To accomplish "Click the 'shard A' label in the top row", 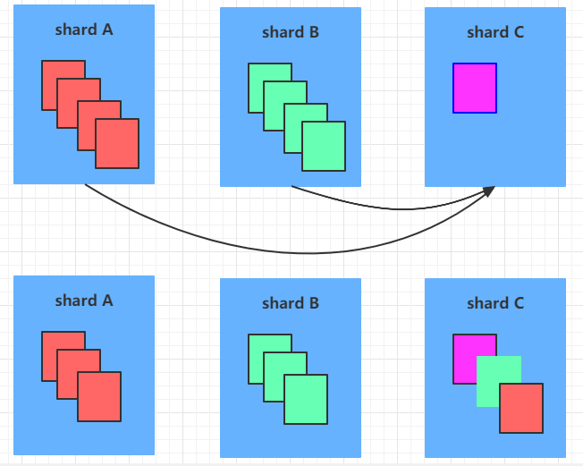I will pos(84,30).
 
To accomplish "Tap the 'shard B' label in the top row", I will pos(291,33).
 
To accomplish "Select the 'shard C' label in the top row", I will pos(495,33).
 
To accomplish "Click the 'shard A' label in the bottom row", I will pos(84,301).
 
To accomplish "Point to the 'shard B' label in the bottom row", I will pos(291,304).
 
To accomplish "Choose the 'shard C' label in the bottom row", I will pos(495,304).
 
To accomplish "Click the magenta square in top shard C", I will pos(475,89).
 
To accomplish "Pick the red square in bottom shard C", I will pos(521,409).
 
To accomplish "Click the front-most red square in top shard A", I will pos(117,143).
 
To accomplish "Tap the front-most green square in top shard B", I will pos(324,147).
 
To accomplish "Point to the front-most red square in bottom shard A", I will pos(99,396).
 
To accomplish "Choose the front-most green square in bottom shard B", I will pos(306,400).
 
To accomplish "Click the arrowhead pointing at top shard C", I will pos(490,191).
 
